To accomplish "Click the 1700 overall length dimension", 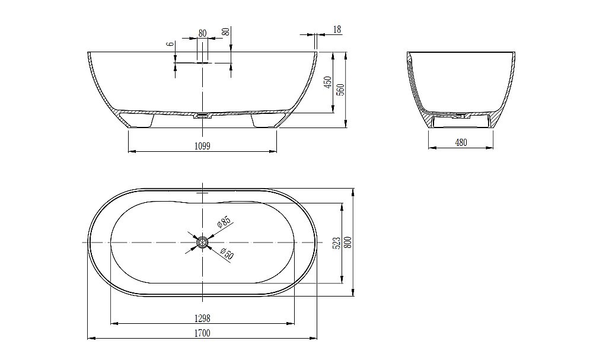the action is (x=202, y=333).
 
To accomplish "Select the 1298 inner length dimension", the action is (x=202, y=319).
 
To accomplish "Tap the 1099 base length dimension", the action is (x=202, y=146).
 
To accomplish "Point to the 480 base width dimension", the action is (x=461, y=142).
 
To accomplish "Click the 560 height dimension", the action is (x=341, y=89).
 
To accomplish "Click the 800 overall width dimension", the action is (x=348, y=243).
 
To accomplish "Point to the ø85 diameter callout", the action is (x=224, y=222).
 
